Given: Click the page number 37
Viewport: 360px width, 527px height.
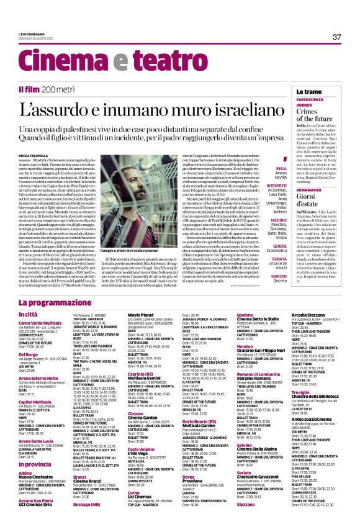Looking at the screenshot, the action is coord(336,37).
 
